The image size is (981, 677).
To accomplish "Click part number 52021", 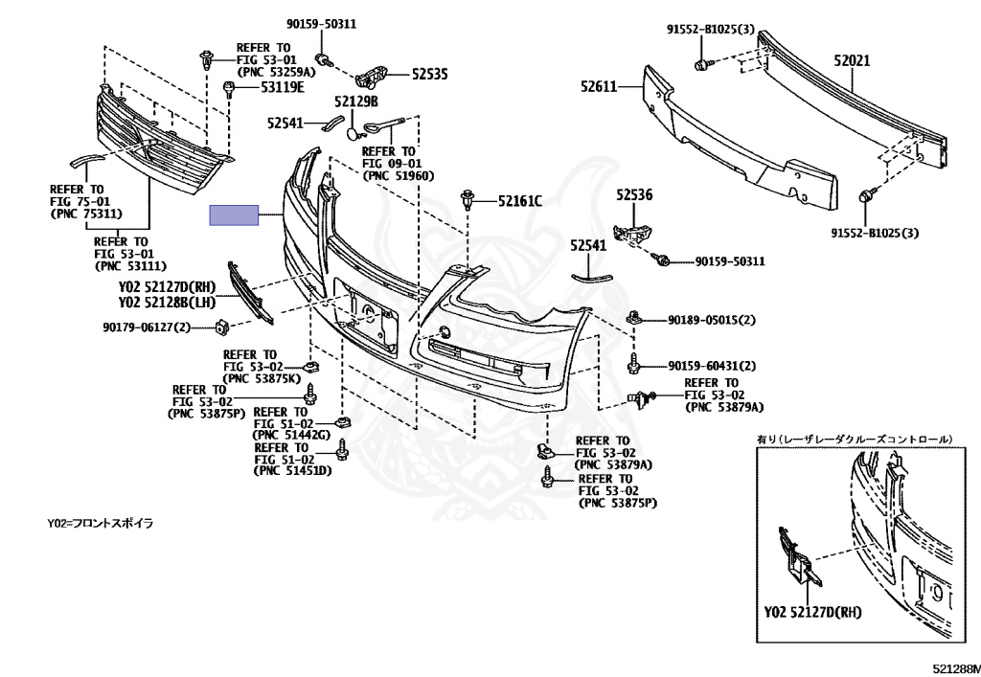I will click(851, 59).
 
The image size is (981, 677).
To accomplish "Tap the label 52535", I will click(430, 73).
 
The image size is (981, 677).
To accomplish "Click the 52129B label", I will click(356, 101).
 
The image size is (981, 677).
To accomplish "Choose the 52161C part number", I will click(519, 201).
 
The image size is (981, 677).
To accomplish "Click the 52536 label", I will click(633, 194).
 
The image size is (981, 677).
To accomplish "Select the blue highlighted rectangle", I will click(235, 214).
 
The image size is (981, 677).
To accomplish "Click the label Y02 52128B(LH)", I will click(168, 302).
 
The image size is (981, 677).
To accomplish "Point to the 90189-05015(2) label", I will click(708, 319).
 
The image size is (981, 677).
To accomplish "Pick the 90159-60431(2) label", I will click(708, 365).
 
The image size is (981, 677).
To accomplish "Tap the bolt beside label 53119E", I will click(229, 90).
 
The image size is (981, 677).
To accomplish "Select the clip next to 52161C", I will click(468, 202).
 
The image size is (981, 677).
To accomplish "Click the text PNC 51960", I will click(398, 175).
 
